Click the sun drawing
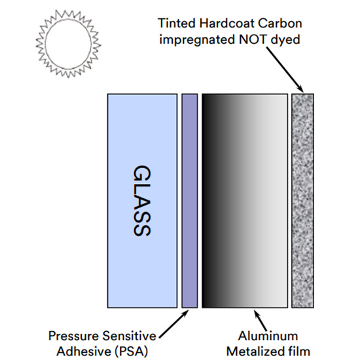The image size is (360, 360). click(69, 44)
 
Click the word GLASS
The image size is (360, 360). click(142, 200)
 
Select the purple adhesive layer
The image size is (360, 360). click(190, 200)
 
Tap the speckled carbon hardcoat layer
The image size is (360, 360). click(302, 200)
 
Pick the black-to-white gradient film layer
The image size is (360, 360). click(245, 200)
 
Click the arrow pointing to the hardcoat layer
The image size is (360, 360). click(285, 69)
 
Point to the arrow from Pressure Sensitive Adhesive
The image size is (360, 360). click(174, 324)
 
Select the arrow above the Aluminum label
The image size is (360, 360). click(260, 321)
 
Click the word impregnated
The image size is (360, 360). click(197, 40)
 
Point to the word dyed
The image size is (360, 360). click(285, 40)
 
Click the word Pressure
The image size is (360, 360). click(73, 336)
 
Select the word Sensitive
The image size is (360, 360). click(130, 336)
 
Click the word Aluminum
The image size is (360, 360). click(268, 336)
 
